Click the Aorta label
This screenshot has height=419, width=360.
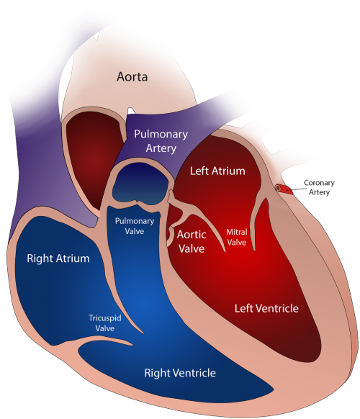point(132,77)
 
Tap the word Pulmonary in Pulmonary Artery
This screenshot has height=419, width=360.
point(161,135)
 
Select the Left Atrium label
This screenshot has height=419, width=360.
point(217,171)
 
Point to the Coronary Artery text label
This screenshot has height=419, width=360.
point(319,187)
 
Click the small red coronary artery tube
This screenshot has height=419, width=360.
point(284,189)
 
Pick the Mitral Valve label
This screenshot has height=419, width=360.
point(237,237)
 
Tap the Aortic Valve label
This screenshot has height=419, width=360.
point(192,242)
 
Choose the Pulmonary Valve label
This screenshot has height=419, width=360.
point(135,226)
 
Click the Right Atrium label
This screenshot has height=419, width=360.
point(58,258)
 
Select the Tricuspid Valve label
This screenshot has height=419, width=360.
point(105,323)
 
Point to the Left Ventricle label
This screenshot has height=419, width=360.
point(266,308)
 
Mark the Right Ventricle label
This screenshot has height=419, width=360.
point(180,373)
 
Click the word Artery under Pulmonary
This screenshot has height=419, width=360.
point(161,148)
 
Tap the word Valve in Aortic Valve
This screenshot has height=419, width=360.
point(192,248)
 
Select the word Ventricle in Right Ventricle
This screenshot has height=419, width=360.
point(194,373)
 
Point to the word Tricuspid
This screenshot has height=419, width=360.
point(105,318)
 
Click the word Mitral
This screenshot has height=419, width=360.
point(237,232)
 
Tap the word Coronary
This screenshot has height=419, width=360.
point(319,183)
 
